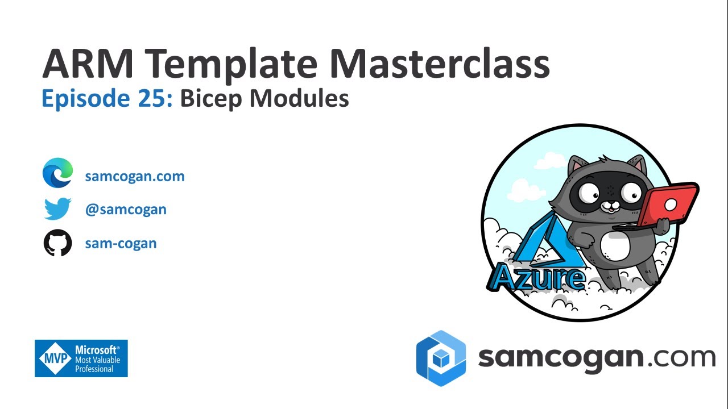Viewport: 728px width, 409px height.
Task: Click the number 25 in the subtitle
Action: [152, 99]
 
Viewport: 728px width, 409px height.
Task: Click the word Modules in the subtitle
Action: [299, 99]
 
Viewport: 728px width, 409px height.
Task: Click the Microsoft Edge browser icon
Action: [58, 173]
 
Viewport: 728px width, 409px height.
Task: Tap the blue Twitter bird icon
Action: [57, 209]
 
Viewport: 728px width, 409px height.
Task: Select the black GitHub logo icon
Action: [58, 243]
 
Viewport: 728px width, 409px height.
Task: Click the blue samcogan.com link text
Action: [135, 176]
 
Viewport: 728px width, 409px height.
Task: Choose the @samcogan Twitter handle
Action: [126, 209]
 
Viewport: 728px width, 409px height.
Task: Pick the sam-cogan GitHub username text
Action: [121, 243]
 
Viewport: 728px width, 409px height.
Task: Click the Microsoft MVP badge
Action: [81, 358]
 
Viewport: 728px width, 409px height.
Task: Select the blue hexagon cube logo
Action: [441, 358]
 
